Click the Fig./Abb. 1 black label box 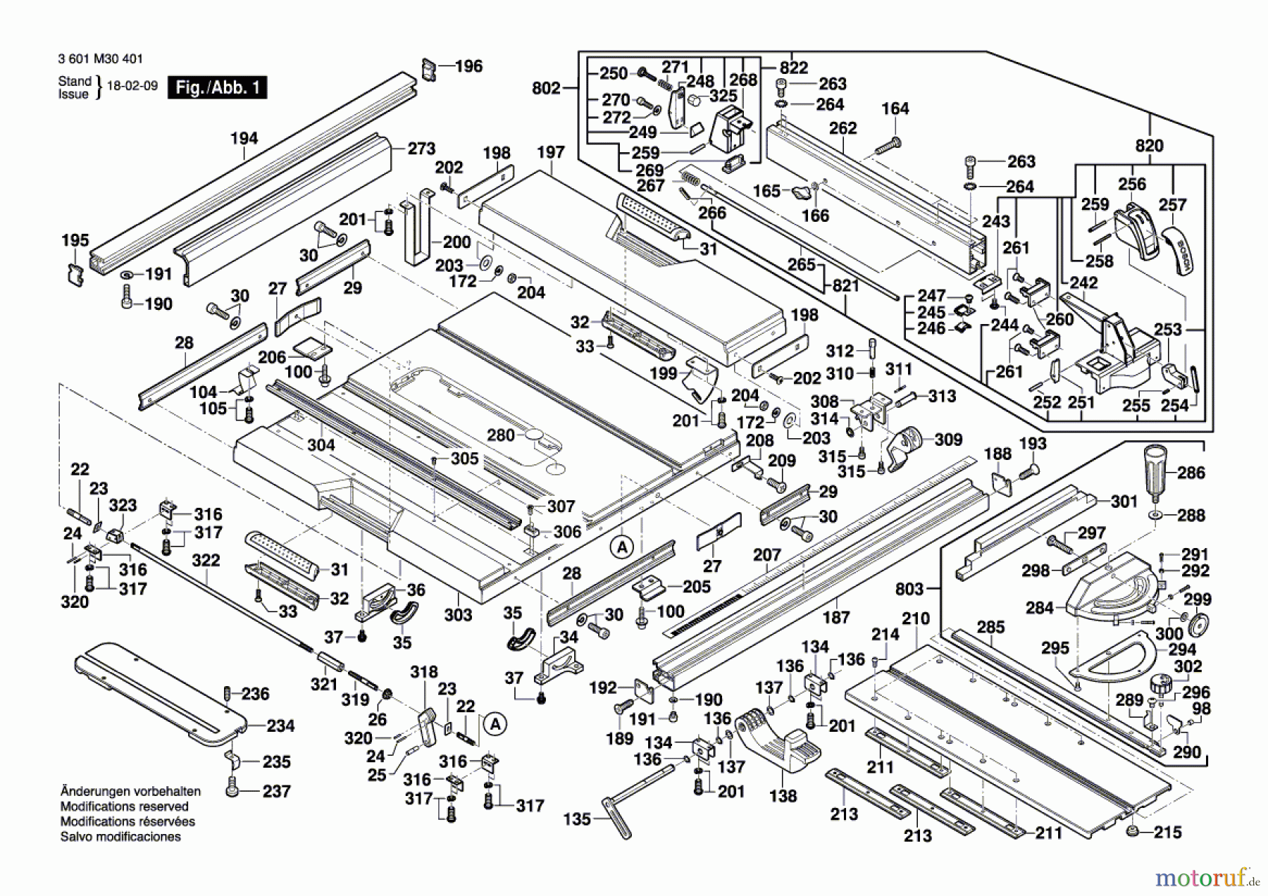point(217,88)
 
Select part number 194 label point(244,139)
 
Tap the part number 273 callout point(421,149)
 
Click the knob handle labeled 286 point(1155,466)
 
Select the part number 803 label point(909,588)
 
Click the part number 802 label point(546,88)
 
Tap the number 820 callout point(1149,146)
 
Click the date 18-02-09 point(132,86)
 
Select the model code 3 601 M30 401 point(92,59)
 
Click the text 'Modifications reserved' point(124,807)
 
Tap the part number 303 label point(458,615)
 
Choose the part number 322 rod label point(206,561)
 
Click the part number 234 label point(280,726)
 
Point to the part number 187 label point(836,617)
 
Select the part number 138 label point(783,796)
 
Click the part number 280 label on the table point(501,435)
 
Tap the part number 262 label point(843,128)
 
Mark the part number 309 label point(948,440)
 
